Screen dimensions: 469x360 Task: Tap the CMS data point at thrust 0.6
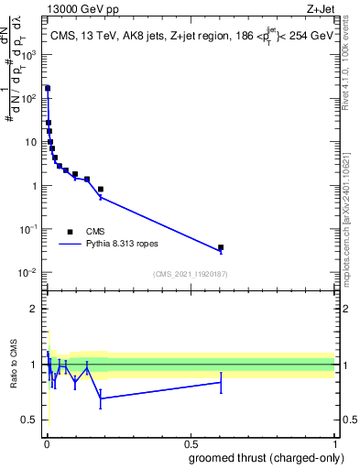[221, 247]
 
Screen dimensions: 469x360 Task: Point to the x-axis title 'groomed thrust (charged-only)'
[262, 457]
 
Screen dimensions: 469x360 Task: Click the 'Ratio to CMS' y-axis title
[14, 364]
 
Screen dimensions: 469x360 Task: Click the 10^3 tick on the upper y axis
[30, 55]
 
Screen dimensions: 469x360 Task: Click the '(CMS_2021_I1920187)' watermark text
[189, 274]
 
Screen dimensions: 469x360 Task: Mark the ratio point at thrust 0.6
[221, 382]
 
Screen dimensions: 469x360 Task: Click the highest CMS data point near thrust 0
[47, 89]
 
